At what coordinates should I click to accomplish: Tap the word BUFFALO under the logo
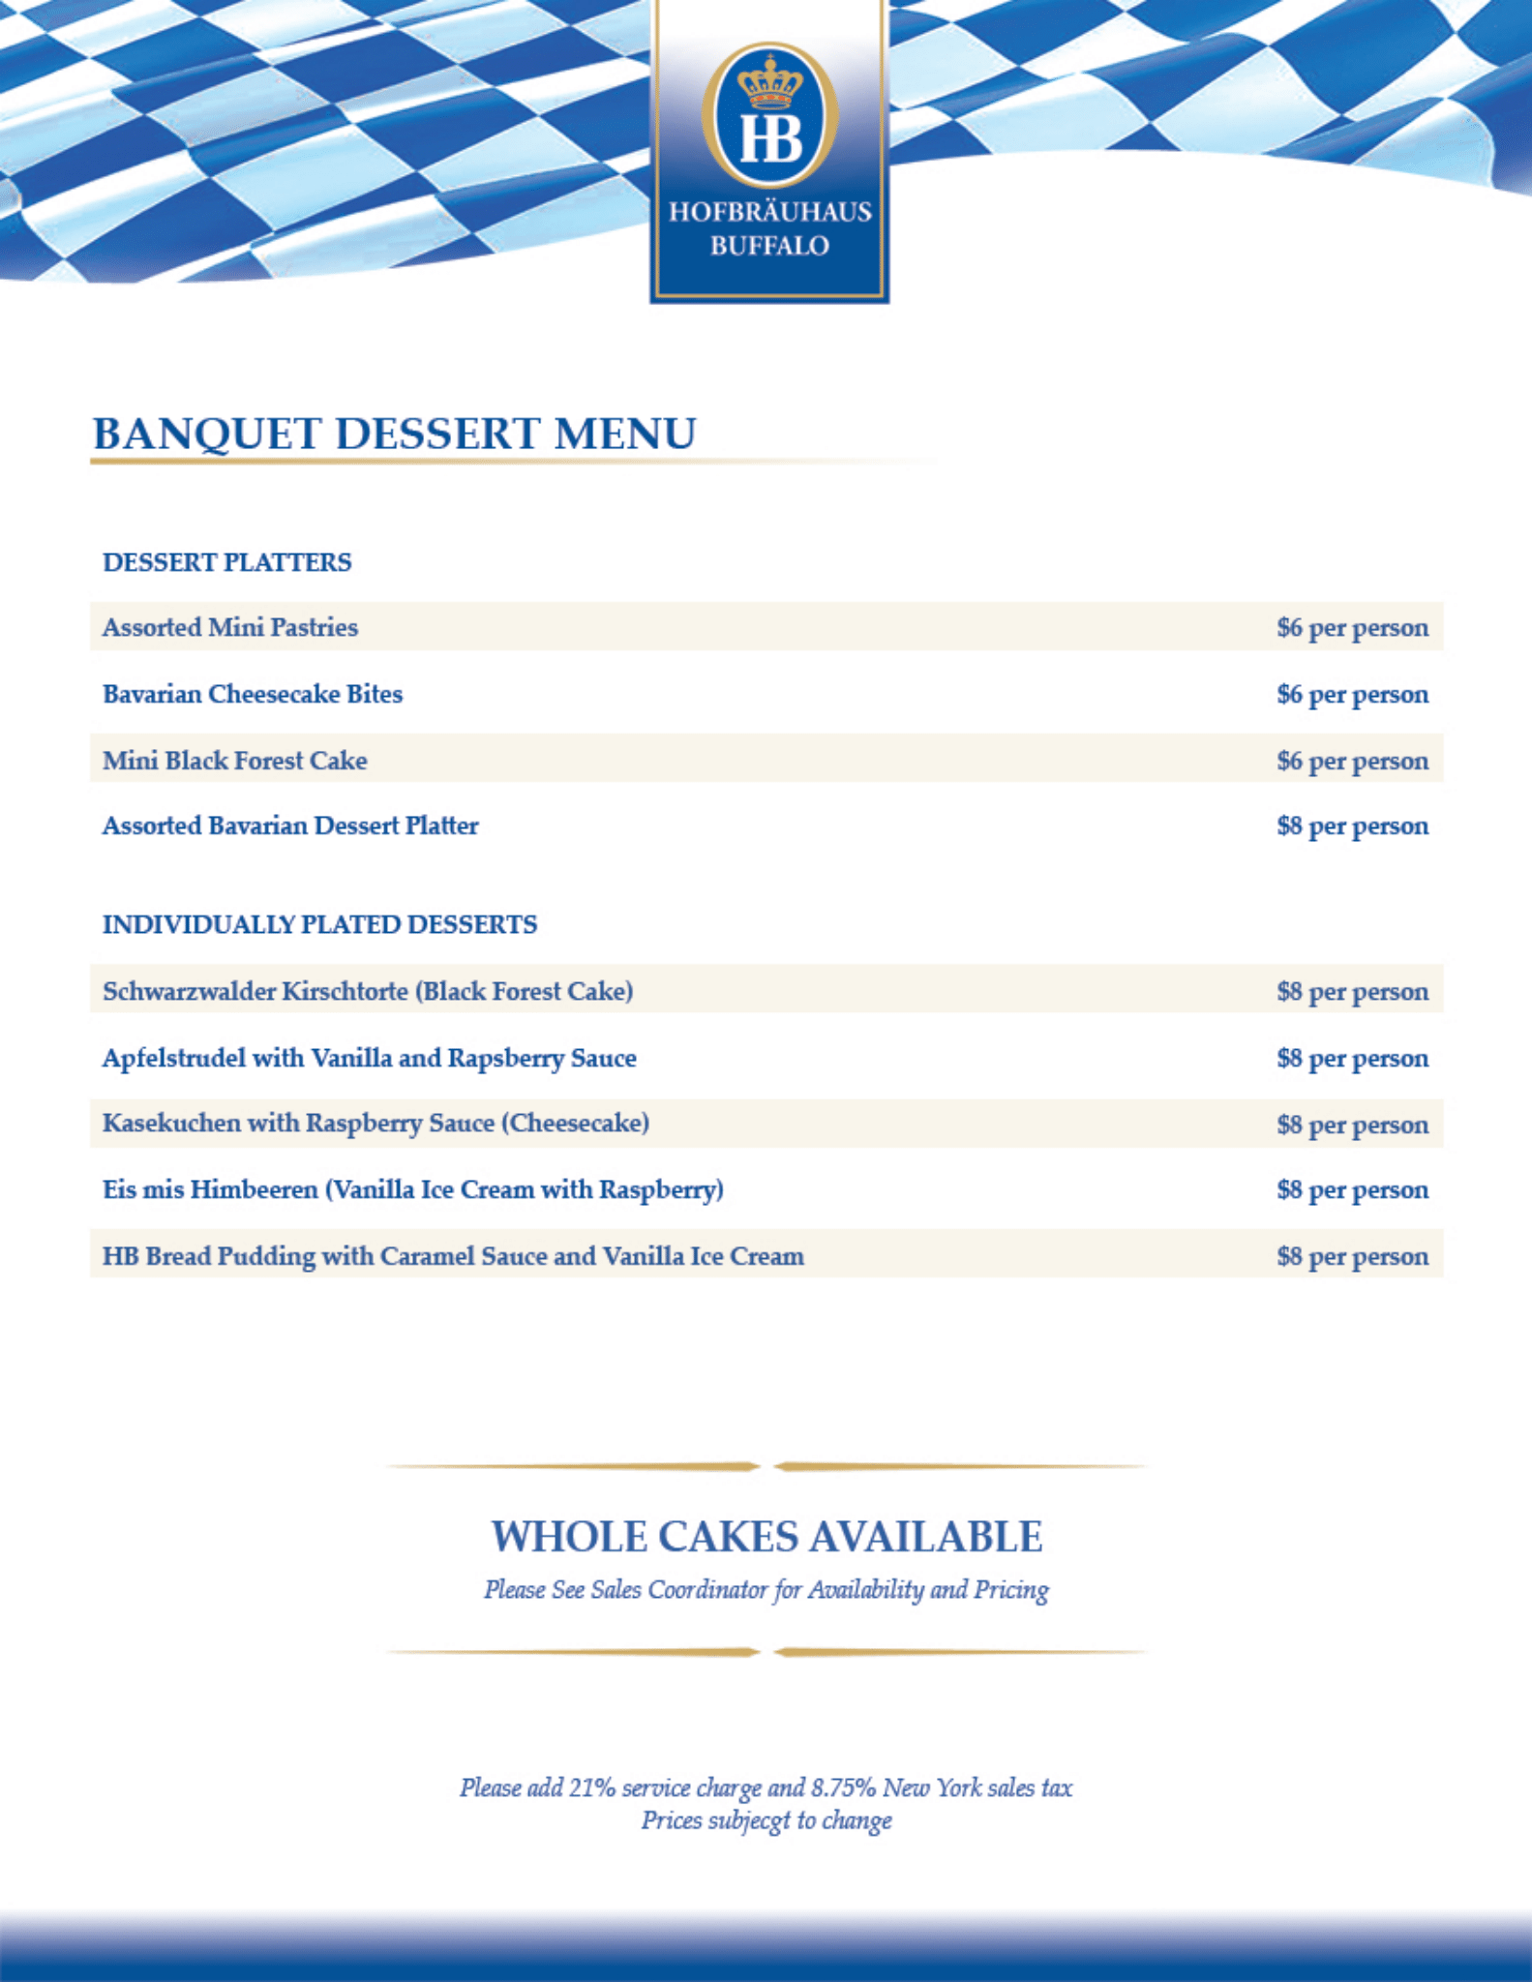click(x=769, y=246)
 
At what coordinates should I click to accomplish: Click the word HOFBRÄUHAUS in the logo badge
click(x=769, y=212)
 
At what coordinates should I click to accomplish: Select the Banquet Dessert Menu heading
click(x=394, y=434)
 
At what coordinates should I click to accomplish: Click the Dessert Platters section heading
click(x=227, y=562)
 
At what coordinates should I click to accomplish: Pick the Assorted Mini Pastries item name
click(x=230, y=627)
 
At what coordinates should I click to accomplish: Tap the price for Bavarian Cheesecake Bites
click(x=1352, y=694)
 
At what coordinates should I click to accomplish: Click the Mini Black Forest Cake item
click(x=235, y=761)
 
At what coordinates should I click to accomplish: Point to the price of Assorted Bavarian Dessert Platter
click(x=1352, y=826)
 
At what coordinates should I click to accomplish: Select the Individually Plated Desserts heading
click(x=319, y=924)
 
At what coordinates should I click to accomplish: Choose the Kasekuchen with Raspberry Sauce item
click(x=375, y=1124)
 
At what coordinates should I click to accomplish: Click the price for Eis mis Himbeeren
click(x=1352, y=1189)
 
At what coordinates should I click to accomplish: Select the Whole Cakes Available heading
click(x=766, y=1536)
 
